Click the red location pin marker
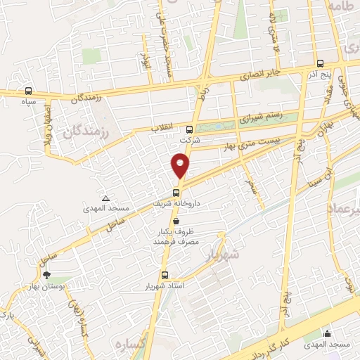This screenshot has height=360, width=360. coord(181,166)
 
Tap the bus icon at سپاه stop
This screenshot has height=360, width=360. coord(28,91)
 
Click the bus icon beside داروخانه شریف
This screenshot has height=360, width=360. coord(176,192)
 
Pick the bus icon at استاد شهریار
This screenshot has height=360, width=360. coord(165,275)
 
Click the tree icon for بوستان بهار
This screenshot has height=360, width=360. coord(47,276)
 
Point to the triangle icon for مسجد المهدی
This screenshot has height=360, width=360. coord(105,199)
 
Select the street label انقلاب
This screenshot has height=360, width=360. coord(162,129)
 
